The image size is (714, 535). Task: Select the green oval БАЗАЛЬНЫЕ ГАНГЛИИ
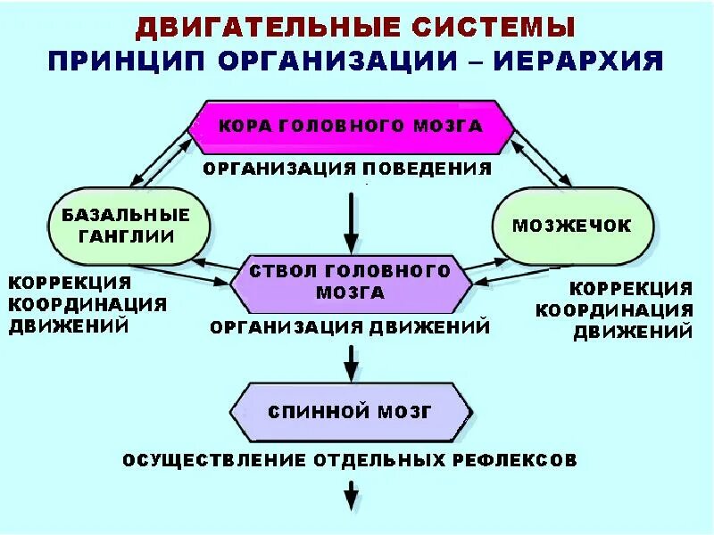click(126, 226)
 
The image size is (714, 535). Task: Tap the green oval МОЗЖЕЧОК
click(571, 226)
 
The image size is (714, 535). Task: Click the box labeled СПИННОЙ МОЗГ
click(350, 412)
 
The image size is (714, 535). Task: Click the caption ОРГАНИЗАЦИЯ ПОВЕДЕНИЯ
click(346, 169)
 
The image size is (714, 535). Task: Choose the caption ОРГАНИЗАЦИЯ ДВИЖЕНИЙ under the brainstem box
click(350, 327)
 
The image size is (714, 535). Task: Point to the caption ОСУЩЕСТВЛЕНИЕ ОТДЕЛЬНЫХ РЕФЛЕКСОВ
click(350, 460)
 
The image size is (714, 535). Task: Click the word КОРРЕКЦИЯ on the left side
click(69, 283)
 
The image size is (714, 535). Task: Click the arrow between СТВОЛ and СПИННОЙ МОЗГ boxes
click(351, 361)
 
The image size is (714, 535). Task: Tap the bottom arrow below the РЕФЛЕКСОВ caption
click(351, 494)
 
